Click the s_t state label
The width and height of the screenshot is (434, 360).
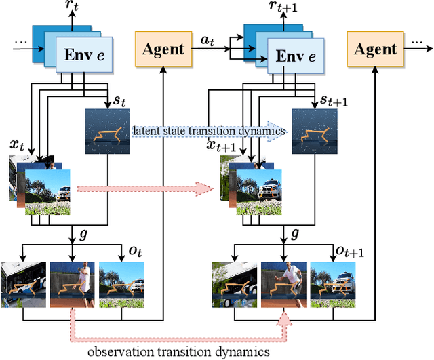tap(119, 101)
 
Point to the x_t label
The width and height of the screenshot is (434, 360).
tap(16, 144)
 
